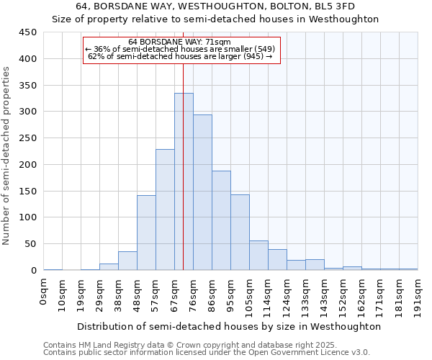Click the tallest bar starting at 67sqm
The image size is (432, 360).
point(184,181)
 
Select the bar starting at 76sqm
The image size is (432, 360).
point(202,192)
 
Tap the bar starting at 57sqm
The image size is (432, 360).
point(165,210)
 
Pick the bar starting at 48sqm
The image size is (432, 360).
point(146,233)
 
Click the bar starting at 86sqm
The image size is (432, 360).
point(221,220)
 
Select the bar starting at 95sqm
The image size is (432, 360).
point(240,233)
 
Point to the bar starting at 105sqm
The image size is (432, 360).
point(258,256)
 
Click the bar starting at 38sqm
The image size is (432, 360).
point(127,261)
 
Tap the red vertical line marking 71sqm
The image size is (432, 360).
point(184,144)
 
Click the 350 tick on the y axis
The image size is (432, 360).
point(27,86)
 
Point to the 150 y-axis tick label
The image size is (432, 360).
point(27,192)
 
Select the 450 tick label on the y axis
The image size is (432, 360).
point(27,32)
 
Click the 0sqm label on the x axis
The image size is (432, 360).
point(44,292)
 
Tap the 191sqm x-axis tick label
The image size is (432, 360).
point(418,296)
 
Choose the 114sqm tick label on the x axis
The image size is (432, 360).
point(269,296)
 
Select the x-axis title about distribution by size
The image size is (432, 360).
point(228,326)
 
